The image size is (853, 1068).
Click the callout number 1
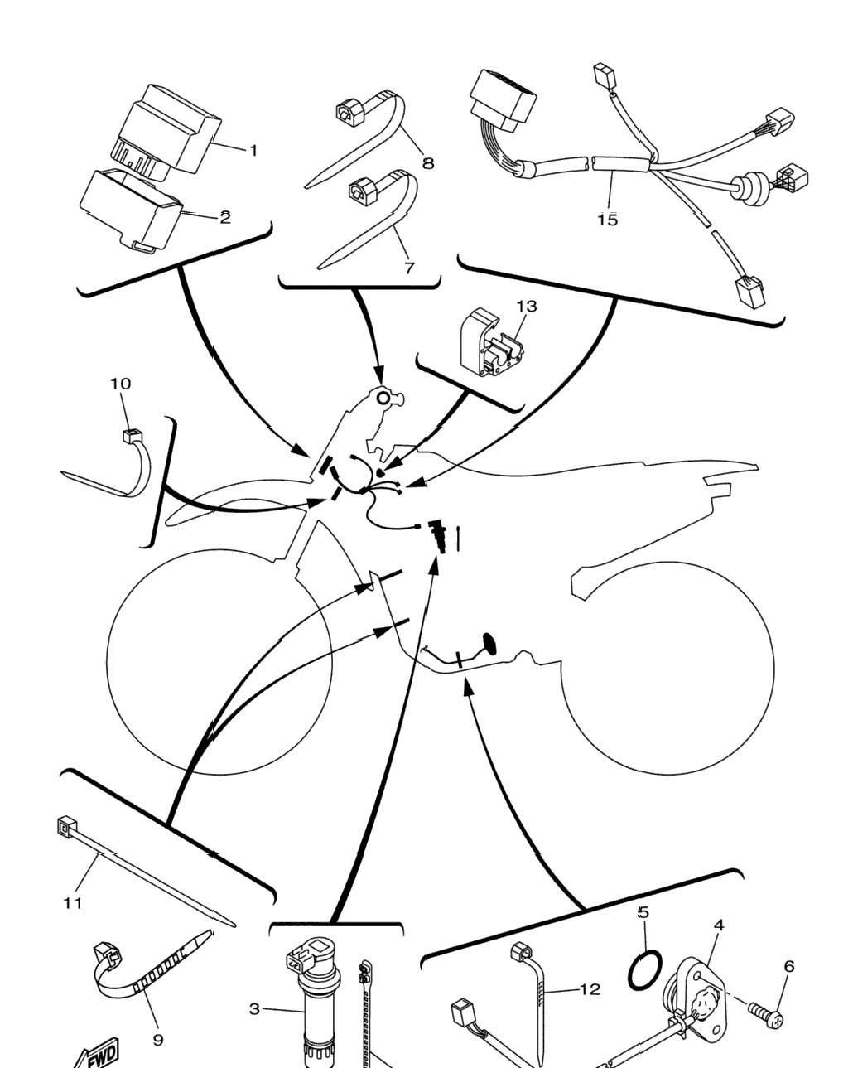(253, 150)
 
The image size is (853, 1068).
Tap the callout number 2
(225, 217)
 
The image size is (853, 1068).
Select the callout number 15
(607, 220)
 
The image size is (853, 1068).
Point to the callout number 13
(527, 307)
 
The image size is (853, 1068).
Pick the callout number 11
(72, 903)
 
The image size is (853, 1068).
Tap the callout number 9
(158, 1040)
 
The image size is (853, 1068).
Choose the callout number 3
(254, 1009)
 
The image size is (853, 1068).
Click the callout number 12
(590, 989)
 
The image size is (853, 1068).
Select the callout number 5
(643, 912)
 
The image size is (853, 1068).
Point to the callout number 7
(409, 268)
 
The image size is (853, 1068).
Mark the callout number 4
(719, 925)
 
